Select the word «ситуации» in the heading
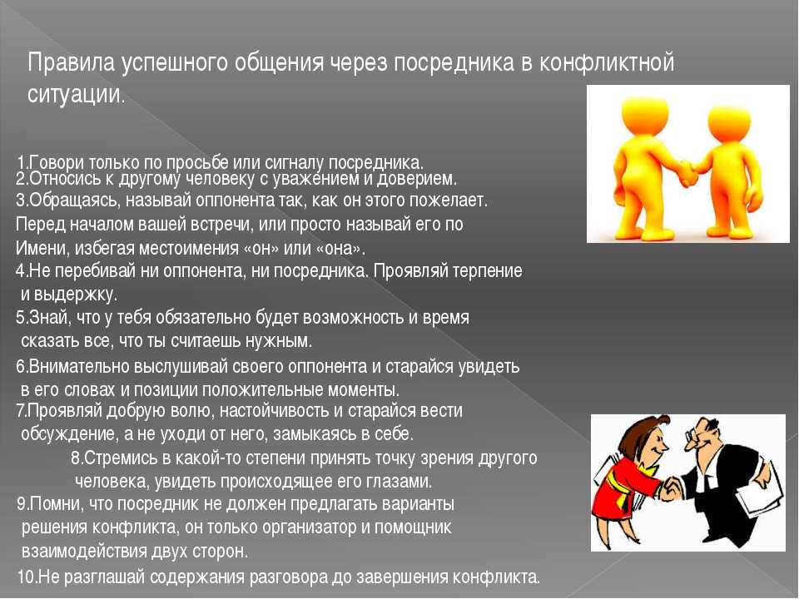[74, 94]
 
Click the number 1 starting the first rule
[20, 163]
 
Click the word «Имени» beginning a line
[42, 248]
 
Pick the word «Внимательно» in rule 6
[76, 367]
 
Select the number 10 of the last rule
[26, 577]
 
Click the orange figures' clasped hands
[687, 172]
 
